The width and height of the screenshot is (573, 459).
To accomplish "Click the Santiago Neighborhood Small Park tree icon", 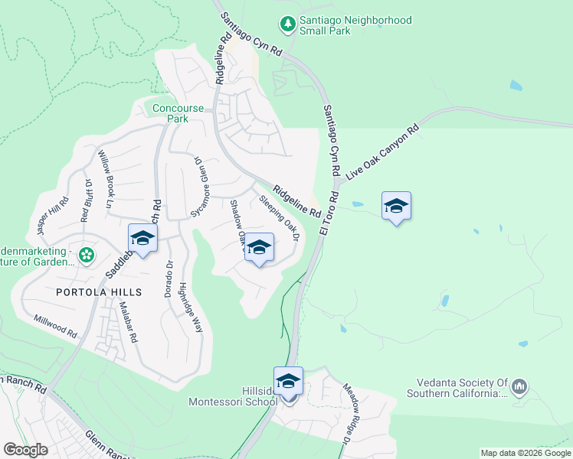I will tap(287, 24).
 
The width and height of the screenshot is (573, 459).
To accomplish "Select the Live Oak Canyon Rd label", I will tap(383, 151).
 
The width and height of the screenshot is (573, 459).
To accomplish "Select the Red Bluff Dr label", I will tap(86, 200).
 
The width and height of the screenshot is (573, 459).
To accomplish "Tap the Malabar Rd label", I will tap(128, 321).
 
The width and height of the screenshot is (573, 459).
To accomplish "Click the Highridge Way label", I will tap(191, 308).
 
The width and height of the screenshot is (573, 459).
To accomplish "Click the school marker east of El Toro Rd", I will tap(396, 207).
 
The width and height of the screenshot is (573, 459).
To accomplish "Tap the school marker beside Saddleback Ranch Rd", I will tap(142, 239).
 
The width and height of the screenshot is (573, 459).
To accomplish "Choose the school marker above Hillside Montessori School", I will tap(288, 381).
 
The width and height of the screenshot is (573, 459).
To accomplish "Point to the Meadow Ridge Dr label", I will tap(346, 414).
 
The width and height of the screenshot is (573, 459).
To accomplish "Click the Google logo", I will tap(26, 450).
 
